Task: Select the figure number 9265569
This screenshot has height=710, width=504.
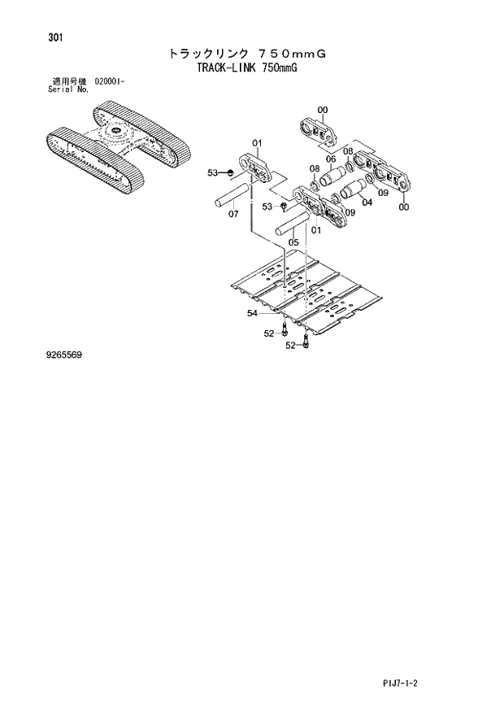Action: [64, 355]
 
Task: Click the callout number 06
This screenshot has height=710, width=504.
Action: [331, 159]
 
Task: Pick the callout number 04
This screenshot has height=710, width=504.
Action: [367, 203]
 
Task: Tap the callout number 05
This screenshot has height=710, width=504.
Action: [293, 242]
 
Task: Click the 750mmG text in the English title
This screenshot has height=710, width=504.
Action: [279, 68]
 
